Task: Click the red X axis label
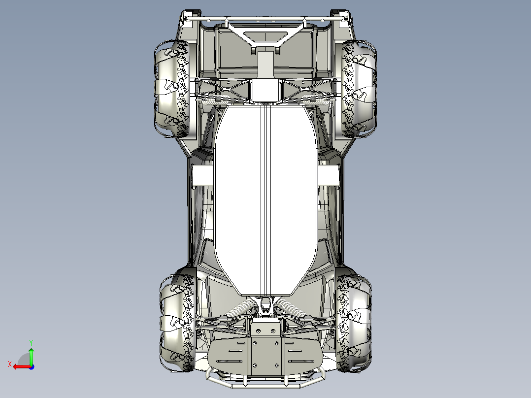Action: [10, 365]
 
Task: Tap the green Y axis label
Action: [31, 343]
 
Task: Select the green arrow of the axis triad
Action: [31, 356]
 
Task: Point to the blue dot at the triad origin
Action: [32, 367]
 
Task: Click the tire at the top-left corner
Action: [172, 89]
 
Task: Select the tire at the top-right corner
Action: [359, 89]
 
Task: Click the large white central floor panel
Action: [266, 200]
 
